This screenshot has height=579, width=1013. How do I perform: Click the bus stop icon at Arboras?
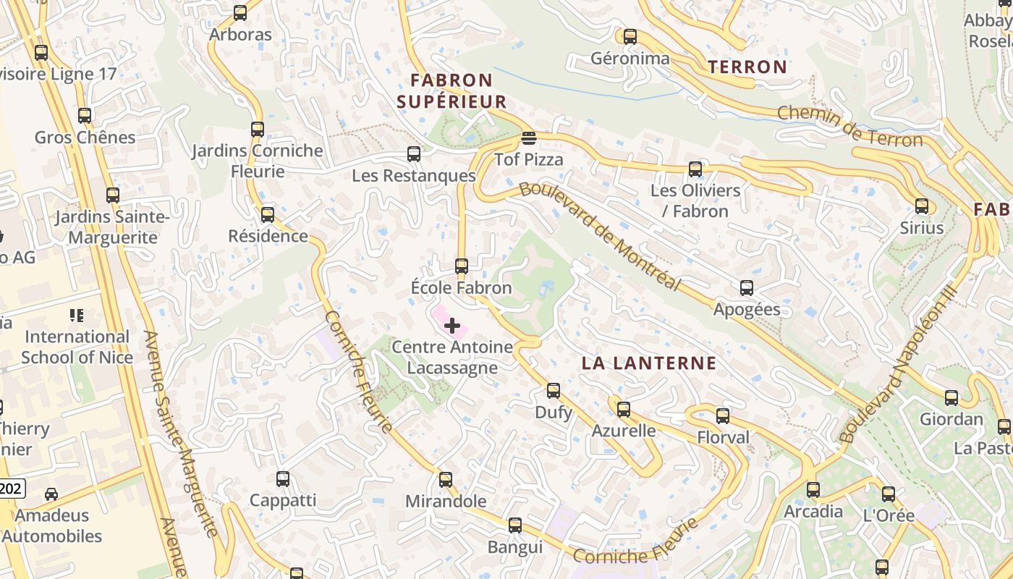240,13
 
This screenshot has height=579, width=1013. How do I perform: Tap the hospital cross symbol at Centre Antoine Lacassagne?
452,326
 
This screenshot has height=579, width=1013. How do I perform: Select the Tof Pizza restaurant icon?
529,138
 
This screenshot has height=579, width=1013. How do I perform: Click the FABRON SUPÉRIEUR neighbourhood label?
452,90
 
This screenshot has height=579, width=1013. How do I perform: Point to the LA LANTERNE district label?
649,363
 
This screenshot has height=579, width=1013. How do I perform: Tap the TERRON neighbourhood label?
747,67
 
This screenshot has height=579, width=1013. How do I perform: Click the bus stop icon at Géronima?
630,37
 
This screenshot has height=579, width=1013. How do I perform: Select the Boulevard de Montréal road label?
601,236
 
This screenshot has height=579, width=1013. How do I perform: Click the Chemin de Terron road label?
849,127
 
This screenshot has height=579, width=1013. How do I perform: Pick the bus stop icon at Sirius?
922,206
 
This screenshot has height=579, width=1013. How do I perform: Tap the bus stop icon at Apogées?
747,288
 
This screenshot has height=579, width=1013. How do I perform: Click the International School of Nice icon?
77,316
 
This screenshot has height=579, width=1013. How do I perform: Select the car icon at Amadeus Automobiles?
51,494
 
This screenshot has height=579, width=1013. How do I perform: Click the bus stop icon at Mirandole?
446,480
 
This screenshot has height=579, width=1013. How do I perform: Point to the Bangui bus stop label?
514,547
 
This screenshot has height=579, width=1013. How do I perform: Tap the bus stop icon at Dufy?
554,391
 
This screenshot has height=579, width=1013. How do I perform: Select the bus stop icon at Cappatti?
283,479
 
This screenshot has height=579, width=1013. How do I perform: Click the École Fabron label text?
461,288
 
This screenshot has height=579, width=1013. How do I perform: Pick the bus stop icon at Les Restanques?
414,154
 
